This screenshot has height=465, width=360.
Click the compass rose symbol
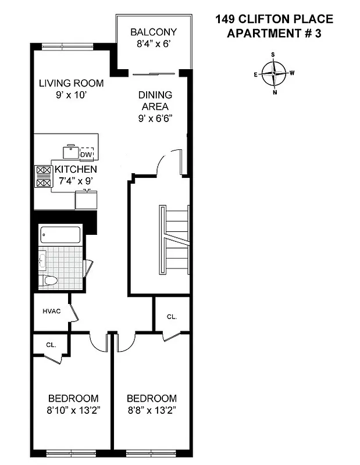274,73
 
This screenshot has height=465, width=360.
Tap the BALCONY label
153,32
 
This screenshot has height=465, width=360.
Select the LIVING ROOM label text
71,83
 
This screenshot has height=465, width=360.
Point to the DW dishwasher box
86,155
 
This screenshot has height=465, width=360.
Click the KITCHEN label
76,169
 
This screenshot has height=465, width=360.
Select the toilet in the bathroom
49,281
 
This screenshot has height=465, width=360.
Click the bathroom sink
42,260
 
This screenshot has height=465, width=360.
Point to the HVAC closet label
51,311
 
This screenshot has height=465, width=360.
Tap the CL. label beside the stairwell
172,317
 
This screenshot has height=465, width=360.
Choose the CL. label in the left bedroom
51,345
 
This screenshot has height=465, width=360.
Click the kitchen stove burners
44,177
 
